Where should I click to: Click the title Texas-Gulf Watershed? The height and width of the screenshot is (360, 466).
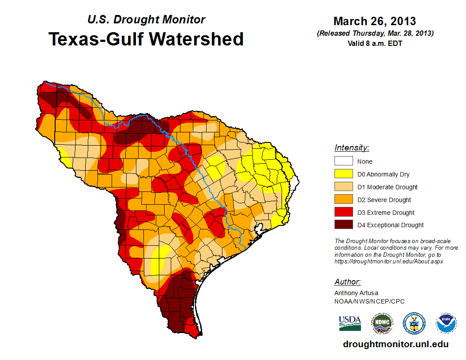point(146,39)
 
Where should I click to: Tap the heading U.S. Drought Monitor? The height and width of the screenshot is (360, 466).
point(146,20)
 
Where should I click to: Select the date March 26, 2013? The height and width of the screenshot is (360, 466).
point(375,21)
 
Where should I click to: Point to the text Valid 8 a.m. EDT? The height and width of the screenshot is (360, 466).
point(375,43)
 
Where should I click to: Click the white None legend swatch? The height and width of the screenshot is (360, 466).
point(343,161)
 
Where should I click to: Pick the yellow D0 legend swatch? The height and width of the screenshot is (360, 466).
point(343,174)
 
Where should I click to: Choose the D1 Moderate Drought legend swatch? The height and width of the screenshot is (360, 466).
point(343,187)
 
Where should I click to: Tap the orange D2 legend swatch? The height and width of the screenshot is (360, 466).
point(343,200)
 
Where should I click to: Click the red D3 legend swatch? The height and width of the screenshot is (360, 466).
point(343,213)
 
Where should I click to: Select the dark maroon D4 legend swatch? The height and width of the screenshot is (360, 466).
point(343,225)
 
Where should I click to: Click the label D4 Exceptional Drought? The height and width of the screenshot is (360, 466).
point(391,225)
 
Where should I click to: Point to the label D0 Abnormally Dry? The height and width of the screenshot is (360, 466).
point(383,174)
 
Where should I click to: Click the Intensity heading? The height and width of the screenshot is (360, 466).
point(352,148)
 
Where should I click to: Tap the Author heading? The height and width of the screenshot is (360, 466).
point(347,282)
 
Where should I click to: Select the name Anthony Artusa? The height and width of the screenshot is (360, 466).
point(356,293)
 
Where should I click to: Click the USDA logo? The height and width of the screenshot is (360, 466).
point(350,323)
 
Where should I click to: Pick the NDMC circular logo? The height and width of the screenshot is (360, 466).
point(382,323)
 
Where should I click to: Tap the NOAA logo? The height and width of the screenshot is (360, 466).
point(446,323)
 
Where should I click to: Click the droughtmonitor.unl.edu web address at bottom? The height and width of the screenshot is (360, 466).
point(395,344)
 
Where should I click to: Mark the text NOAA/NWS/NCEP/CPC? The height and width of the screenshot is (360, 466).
point(369,301)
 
